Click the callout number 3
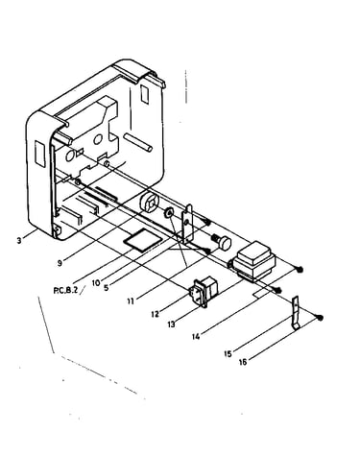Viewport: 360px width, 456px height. [19, 240]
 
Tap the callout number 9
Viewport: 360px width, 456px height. [60, 263]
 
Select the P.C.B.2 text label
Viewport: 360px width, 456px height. [65, 291]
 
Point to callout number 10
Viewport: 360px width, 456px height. [96, 283]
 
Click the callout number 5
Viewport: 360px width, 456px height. [107, 287]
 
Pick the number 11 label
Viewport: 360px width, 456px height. [131, 300]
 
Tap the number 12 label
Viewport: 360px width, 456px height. [155, 314]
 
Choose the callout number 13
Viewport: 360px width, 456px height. [171, 324]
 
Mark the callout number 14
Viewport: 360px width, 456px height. [196, 336]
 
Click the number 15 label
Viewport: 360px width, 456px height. [228, 354]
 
